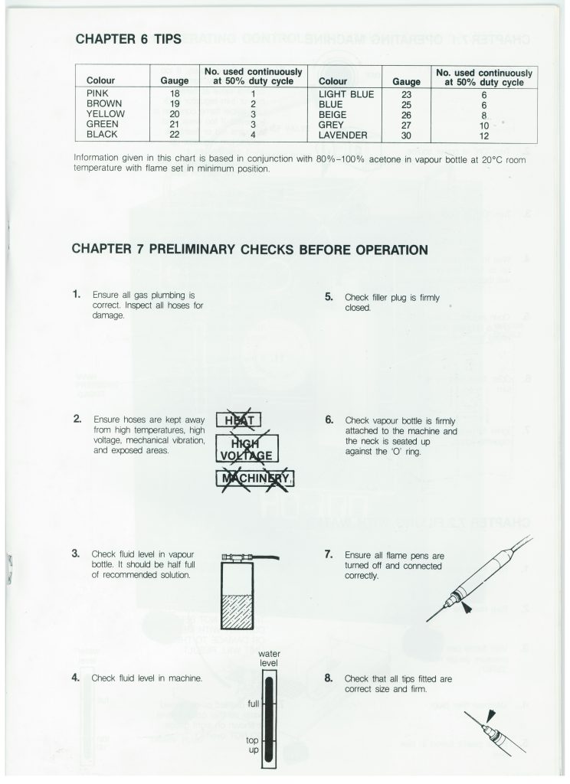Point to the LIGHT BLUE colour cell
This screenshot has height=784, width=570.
click(346, 95)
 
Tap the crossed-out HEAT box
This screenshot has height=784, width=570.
click(240, 419)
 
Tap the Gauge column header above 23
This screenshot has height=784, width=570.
click(406, 80)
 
